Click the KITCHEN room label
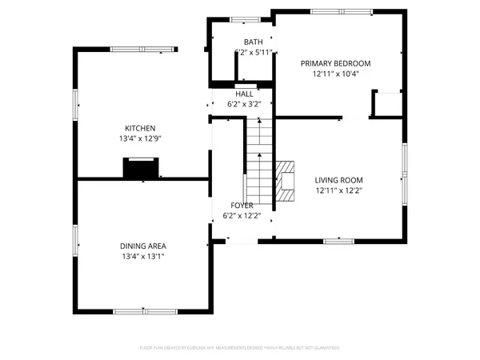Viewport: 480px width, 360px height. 139,128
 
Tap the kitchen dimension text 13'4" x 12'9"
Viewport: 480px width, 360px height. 139,138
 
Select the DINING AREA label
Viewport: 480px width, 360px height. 143,246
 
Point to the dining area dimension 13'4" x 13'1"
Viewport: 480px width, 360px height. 143,256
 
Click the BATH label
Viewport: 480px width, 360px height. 253,42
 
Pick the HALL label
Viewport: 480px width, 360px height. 244,94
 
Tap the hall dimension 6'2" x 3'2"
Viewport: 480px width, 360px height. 244,103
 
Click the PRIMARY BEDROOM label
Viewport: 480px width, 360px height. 336,63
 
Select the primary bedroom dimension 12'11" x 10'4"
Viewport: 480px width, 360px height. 336,74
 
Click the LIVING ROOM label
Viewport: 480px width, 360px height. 338,180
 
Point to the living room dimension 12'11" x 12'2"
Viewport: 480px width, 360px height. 338,190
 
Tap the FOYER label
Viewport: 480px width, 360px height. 242,206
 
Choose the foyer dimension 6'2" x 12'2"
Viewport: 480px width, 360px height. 242,216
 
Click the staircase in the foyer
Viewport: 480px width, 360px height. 258,160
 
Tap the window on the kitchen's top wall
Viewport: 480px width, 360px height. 133,49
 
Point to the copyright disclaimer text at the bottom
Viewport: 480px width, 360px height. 240,348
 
